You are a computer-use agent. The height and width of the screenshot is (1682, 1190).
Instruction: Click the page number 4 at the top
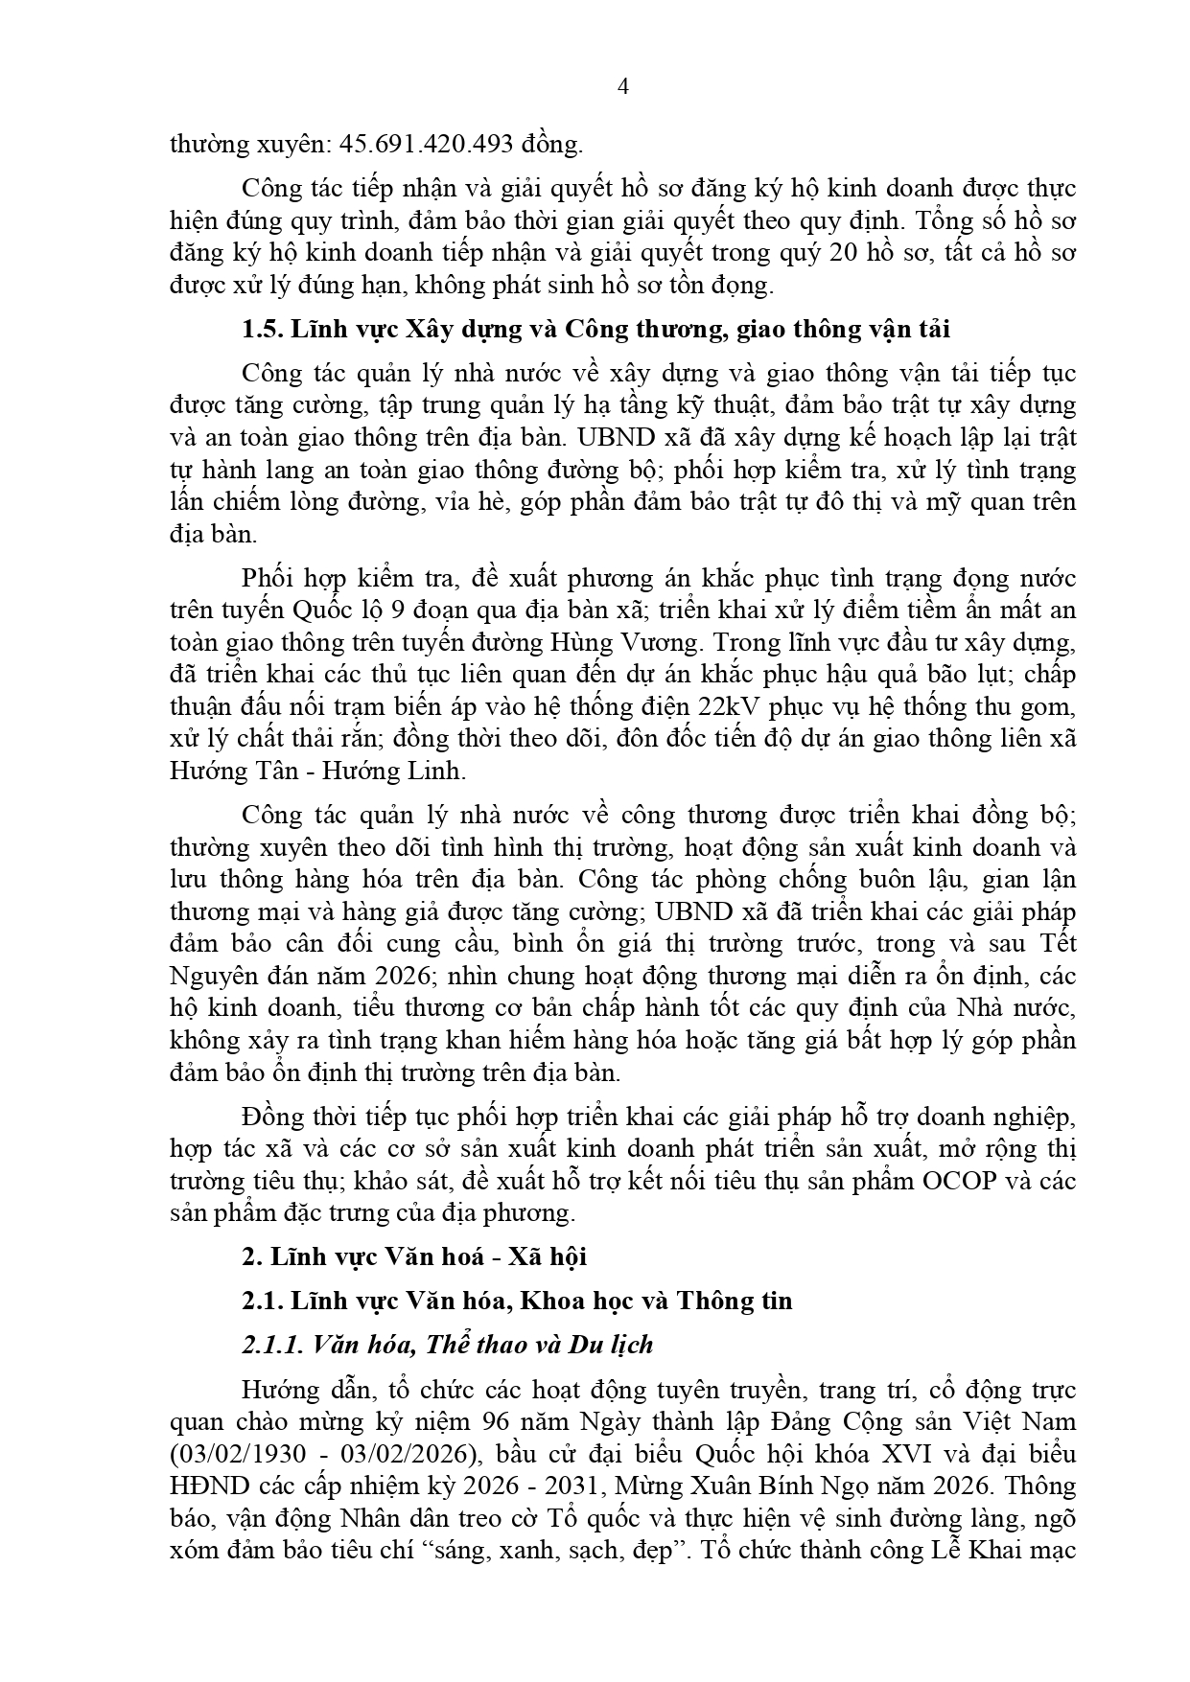point(623,87)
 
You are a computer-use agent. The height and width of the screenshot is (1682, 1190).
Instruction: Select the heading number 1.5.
point(261,329)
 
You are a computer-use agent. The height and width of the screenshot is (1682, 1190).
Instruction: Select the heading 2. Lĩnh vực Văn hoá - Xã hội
point(414,1256)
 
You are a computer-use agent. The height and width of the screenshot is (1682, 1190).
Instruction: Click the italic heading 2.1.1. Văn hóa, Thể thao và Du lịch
point(448,1345)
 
